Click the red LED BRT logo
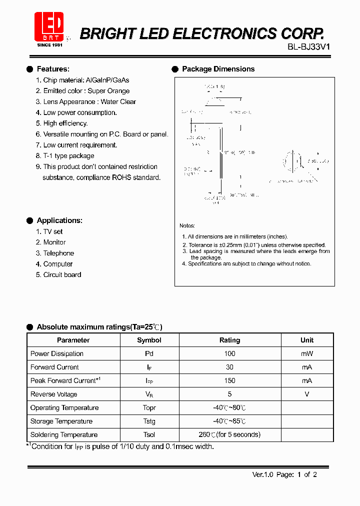(48, 27)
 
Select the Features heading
(53, 69)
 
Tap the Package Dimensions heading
(218, 69)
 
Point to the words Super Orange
(108, 91)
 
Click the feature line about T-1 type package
(68, 156)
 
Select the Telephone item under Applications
(58, 253)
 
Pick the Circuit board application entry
(62, 274)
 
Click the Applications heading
(59, 220)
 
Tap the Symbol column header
(149, 340)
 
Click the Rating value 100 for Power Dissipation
(229, 353)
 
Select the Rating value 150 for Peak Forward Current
(229, 380)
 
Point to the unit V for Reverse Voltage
(307, 394)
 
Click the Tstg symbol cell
(149, 421)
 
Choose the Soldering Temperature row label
(64, 434)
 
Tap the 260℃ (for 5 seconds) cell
(229, 434)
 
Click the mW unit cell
(307, 353)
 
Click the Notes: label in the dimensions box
(187, 226)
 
